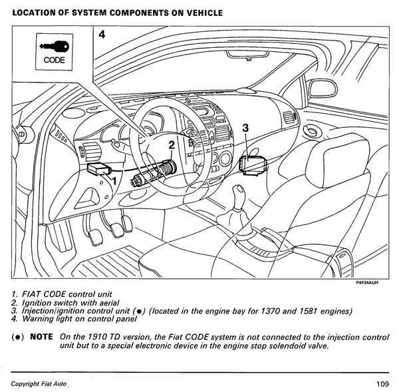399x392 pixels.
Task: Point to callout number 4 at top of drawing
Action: [101, 35]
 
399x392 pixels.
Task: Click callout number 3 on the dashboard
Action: [245, 128]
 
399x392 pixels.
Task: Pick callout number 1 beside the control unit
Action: [114, 180]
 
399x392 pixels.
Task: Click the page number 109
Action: [380, 383]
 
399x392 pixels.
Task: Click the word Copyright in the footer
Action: [29, 385]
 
